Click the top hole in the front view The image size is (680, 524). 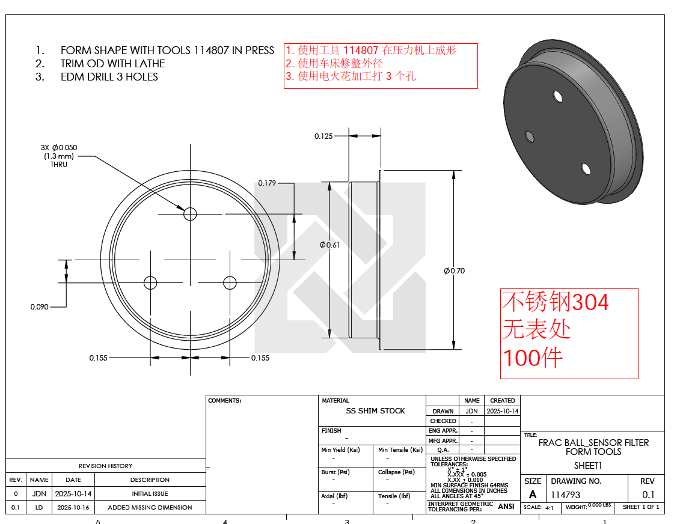pyautogui.click(x=190, y=214)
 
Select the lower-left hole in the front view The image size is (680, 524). pyautogui.click(x=150, y=283)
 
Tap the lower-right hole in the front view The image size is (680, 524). pyautogui.click(x=230, y=283)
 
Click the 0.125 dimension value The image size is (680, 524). pyautogui.click(x=323, y=136)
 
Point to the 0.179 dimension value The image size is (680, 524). pyautogui.click(x=267, y=183)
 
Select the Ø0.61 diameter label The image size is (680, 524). pyautogui.click(x=329, y=245)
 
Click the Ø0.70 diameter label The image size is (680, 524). pyautogui.click(x=454, y=271)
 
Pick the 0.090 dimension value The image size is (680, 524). pyautogui.click(x=40, y=307)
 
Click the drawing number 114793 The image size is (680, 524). pyautogui.click(x=566, y=495)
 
